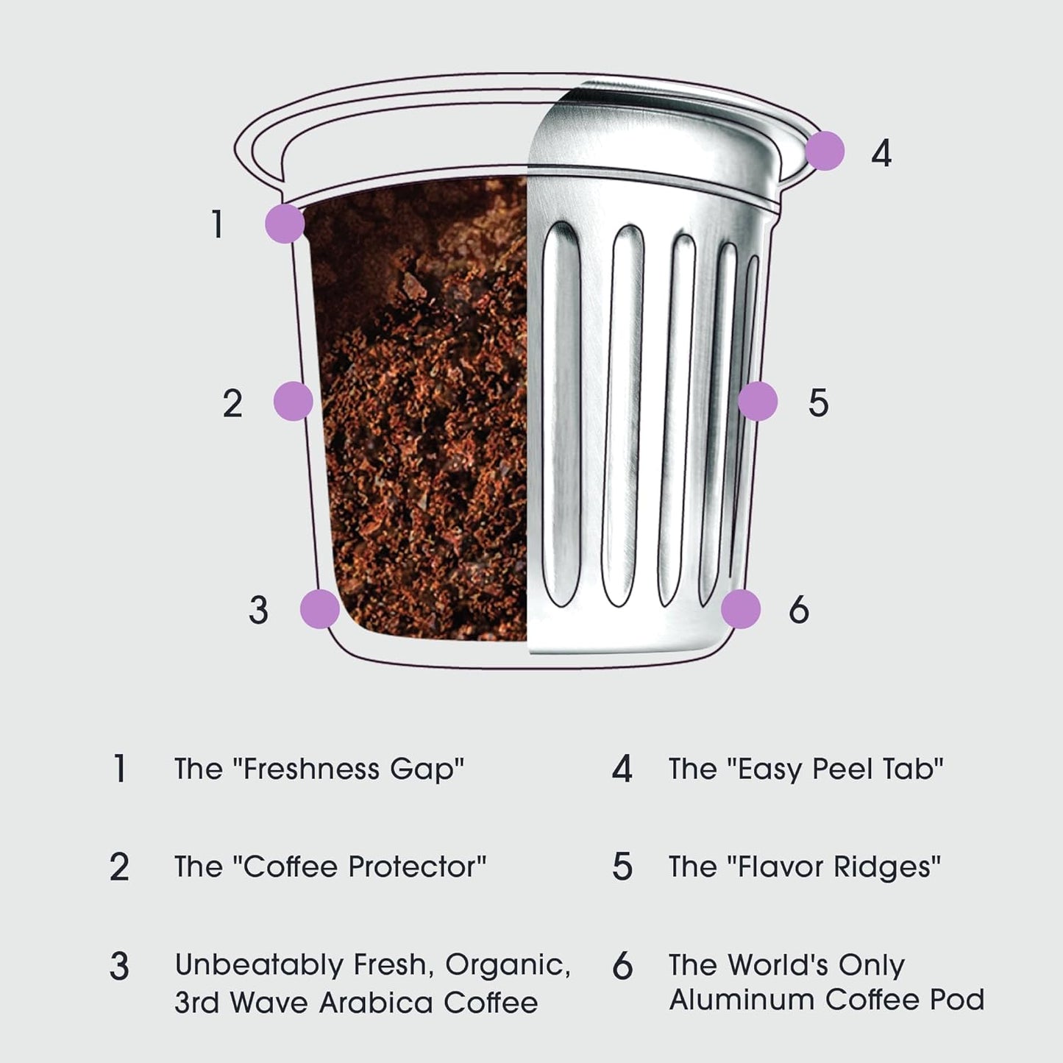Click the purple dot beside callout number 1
point(284,224)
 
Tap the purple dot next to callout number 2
point(293,402)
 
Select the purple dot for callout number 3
point(320,609)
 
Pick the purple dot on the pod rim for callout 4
point(825,152)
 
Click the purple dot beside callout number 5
point(757,402)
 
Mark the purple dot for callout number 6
point(740,609)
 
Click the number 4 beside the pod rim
point(881,154)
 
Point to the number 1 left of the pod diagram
point(217,224)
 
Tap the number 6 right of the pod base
point(799,610)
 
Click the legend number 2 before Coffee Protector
point(119,867)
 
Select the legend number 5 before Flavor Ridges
point(622,867)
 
